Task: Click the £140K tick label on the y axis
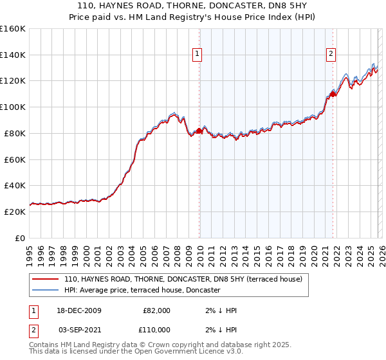click(x=13, y=55)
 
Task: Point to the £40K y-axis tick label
click(x=15, y=185)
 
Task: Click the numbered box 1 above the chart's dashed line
click(x=196, y=55)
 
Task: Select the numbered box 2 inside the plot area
click(x=331, y=55)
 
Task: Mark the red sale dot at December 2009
click(x=199, y=130)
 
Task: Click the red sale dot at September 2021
click(x=333, y=94)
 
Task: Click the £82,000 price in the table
click(x=156, y=310)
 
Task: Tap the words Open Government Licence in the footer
click(x=183, y=352)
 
